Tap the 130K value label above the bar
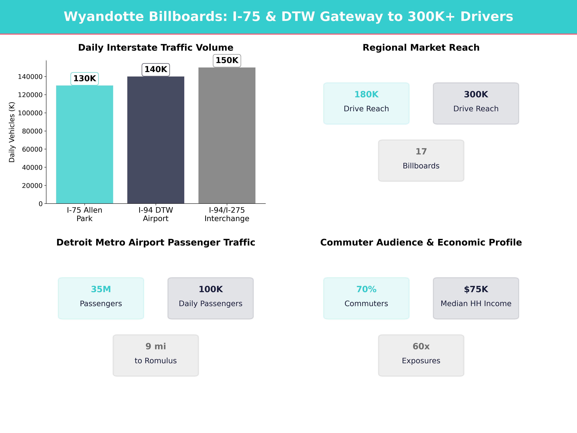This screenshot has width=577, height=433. [x=85, y=79]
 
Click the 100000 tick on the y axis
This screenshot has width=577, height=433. [x=30, y=113]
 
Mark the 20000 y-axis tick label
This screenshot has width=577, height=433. [x=32, y=186]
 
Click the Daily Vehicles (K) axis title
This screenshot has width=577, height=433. [x=12, y=132]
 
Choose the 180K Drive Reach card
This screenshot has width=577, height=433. [x=366, y=103]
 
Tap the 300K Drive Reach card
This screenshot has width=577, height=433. [x=476, y=103]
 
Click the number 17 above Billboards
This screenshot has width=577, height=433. [x=421, y=151]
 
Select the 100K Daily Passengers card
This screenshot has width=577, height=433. [x=210, y=298]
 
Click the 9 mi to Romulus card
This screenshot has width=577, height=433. [x=156, y=355]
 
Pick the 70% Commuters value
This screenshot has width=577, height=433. [x=366, y=289]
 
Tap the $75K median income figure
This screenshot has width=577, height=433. [x=476, y=289]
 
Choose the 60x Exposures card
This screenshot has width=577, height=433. [x=421, y=355]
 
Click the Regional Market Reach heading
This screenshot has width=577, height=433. [x=421, y=48]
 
